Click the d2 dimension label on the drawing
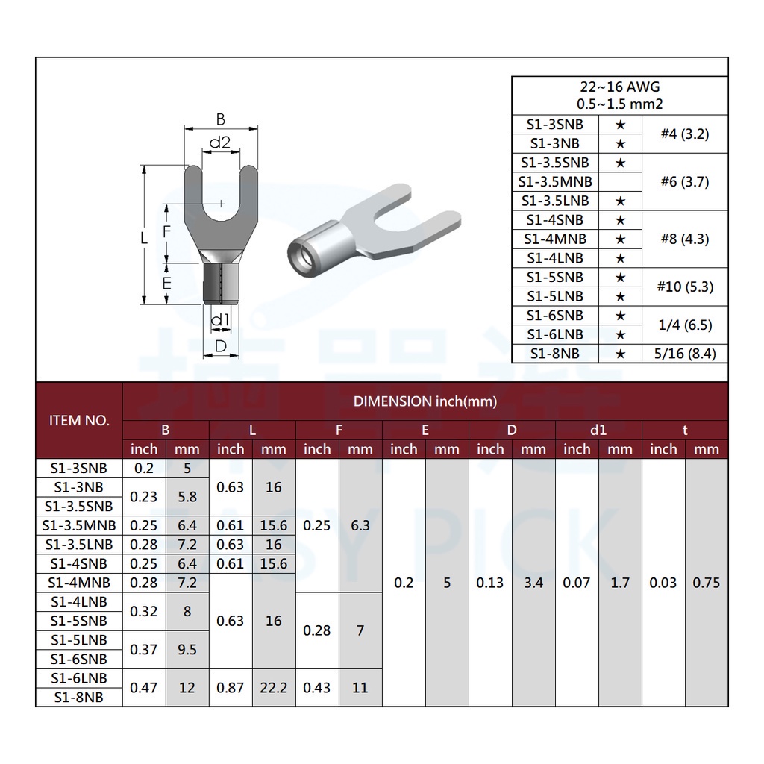220,143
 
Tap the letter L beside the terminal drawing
144,238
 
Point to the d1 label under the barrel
220,319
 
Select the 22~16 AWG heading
620,87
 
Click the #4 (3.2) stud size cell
685,134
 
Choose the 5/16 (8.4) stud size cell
685,354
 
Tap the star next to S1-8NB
620,354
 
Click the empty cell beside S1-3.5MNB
620,182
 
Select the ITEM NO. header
79,421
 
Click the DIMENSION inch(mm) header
425,401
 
